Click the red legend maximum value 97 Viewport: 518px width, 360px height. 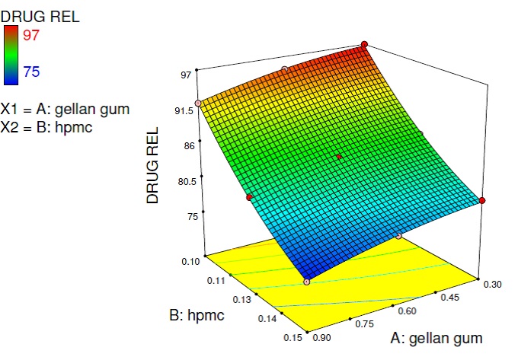39,35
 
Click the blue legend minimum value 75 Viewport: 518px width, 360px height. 39,72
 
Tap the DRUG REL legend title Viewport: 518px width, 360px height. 40,14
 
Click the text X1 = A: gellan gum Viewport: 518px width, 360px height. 66,109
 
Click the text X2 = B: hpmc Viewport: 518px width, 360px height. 47,127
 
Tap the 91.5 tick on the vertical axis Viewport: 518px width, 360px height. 184,111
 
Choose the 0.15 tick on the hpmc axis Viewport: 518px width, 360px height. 292,336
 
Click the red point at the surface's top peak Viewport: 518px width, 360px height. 364,44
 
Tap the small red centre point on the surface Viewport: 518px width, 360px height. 339,157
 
